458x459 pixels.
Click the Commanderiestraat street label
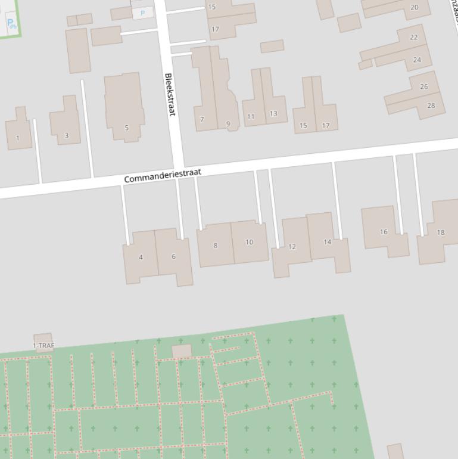(x=163, y=175)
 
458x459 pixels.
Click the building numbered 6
(x=174, y=256)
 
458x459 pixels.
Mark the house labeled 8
(x=216, y=245)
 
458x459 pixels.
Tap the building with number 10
(x=249, y=242)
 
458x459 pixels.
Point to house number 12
(x=292, y=246)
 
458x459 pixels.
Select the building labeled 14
(x=328, y=242)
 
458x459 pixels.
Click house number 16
(x=384, y=232)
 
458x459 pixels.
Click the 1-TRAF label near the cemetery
(x=43, y=345)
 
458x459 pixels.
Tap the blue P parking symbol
(x=142, y=13)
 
